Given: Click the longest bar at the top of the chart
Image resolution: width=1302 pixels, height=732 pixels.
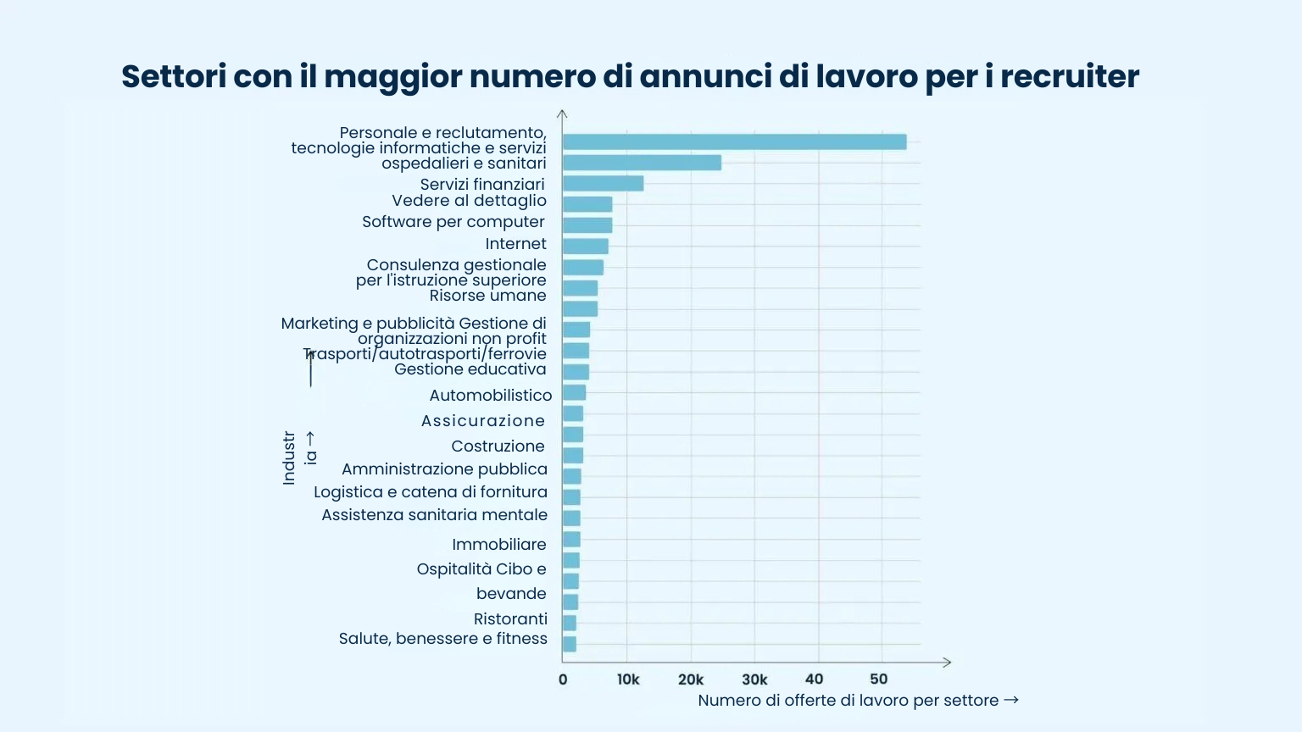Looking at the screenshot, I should coord(734,142).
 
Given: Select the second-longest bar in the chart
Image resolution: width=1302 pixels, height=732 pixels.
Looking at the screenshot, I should coord(642,163).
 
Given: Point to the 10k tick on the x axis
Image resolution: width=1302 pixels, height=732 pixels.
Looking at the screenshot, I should coord(628,679).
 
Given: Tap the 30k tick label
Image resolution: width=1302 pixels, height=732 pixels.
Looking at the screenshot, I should coord(754,679).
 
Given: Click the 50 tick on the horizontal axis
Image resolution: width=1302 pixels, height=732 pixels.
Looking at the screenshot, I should coord(879,679).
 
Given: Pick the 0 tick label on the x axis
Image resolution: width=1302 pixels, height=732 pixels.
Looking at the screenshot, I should coord(563,679).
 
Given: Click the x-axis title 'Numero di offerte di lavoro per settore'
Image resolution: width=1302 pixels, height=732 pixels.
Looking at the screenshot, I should coord(848,701).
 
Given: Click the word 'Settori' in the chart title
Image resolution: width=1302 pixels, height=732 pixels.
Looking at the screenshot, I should coord(173,76).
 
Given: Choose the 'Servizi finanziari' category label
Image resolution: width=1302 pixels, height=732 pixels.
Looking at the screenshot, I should coord(482,185).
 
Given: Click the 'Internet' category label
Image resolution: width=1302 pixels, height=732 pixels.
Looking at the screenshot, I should coord(515,244).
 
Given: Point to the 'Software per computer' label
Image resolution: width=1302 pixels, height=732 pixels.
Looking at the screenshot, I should coord(453,222).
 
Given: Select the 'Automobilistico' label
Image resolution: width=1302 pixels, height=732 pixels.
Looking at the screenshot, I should coord(490,396).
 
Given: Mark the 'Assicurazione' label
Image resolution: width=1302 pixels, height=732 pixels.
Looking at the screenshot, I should coord(483,421).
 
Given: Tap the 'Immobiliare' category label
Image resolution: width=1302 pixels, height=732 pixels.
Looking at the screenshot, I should coord(498,545).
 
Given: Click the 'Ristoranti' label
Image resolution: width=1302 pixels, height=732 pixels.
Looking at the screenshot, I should coord(510,619).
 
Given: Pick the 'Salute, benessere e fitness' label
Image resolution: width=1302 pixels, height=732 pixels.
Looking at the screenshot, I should coord(442,639).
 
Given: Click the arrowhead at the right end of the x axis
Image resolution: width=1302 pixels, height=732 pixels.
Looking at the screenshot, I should coord(947,663).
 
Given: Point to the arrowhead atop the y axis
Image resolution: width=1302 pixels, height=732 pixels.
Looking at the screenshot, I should coord(562,114).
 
